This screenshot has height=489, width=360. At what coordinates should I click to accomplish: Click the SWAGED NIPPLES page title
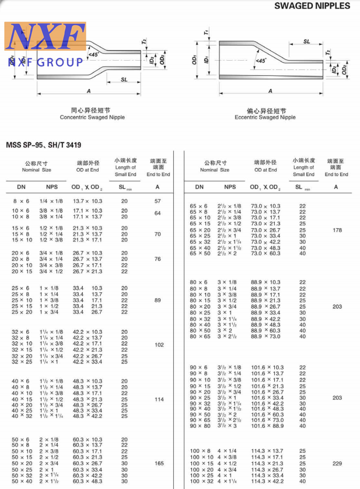click(312, 6)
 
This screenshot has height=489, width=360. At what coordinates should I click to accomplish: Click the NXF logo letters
click(46, 37)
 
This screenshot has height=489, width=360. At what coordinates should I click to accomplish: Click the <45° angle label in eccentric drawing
click(261, 60)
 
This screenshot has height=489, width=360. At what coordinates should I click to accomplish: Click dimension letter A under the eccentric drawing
click(270, 91)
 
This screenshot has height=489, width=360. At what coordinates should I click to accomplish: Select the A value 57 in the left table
click(158, 201)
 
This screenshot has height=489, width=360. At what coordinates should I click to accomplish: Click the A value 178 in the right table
click(337, 230)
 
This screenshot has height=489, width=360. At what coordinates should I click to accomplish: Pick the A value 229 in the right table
click(337, 463)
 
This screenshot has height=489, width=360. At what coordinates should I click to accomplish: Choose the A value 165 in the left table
click(158, 463)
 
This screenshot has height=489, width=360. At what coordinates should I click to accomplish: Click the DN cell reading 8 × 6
click(20, 201)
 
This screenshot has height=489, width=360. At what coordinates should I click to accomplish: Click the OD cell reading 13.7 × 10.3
click(88, 201)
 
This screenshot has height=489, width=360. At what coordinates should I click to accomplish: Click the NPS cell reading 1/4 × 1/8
click(51, 201)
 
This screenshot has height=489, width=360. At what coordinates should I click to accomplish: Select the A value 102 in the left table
click(158, 345)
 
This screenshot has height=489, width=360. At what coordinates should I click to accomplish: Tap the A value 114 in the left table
click(158, 399)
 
